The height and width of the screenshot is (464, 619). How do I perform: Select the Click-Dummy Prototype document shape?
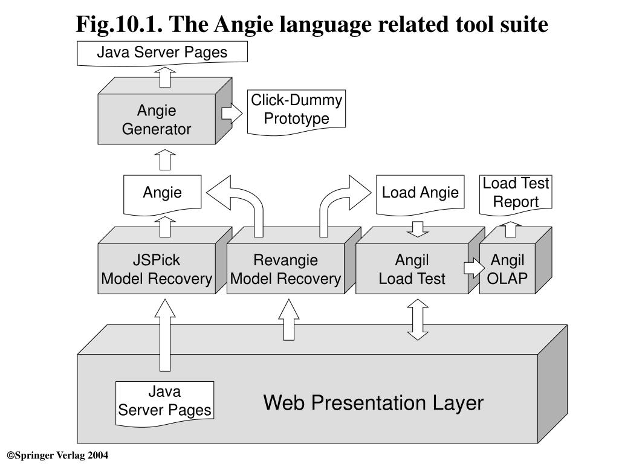[x=296, y=112]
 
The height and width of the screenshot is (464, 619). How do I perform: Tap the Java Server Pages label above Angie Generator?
[x=162, y=53]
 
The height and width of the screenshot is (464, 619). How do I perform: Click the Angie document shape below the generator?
[x=162, y=195]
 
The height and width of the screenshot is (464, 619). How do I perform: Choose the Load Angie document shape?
[x=420, y=195]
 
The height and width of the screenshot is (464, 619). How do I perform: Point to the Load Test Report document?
[x=516, y=195]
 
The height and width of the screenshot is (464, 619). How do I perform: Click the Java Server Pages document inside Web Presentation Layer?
[x=164, y=403]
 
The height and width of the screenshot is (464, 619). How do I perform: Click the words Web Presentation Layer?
[x=374, y=403]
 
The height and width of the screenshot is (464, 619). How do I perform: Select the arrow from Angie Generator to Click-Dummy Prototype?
[x=232, y=114]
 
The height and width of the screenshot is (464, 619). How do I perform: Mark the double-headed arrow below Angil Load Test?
[x=418, y=320]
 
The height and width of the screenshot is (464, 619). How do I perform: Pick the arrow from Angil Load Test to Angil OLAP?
[x=474, y=268]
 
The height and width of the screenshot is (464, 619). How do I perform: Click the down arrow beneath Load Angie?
[x=418, y=229]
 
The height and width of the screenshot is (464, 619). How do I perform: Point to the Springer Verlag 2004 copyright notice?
[x=57, y=456]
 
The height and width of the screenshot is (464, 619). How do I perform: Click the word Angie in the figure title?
[x=244, y=24]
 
